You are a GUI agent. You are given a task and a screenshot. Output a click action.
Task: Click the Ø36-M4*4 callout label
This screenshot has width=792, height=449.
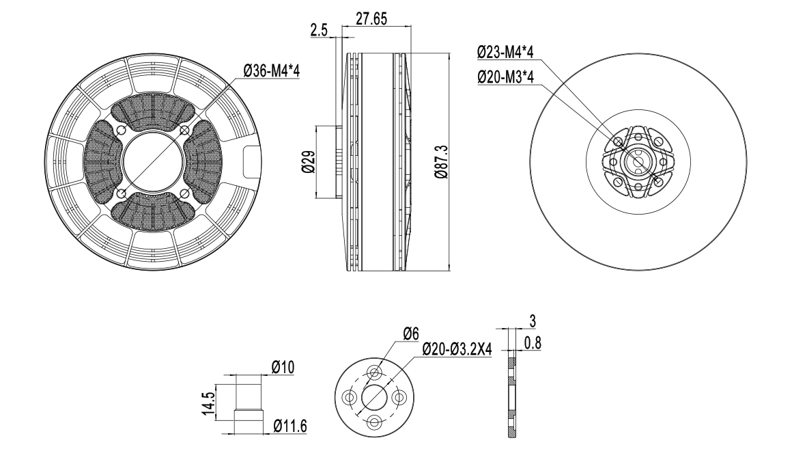[x=271, y=71]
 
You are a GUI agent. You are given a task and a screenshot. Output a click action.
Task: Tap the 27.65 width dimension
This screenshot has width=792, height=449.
[x=371, y=18]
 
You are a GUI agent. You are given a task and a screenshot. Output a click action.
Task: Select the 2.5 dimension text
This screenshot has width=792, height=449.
[x=319, y=30]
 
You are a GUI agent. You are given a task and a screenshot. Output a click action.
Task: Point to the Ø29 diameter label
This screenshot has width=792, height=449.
[x=308, y=161]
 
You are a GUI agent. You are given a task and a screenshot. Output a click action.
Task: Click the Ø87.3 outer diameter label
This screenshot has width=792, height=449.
[x=441, y=161]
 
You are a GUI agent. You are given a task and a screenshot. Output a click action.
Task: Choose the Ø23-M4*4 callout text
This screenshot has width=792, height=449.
[x=506, y=51]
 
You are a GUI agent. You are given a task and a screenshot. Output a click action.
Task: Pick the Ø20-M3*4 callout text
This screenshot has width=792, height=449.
[x=506, y=77]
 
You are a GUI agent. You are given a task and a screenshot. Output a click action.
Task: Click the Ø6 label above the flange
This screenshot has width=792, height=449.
[x=411, y=334]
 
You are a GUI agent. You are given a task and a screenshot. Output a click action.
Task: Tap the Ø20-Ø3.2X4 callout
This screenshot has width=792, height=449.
[x=457, y=349]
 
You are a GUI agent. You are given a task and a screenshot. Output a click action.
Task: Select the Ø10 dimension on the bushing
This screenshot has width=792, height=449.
[x=283, y=367]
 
